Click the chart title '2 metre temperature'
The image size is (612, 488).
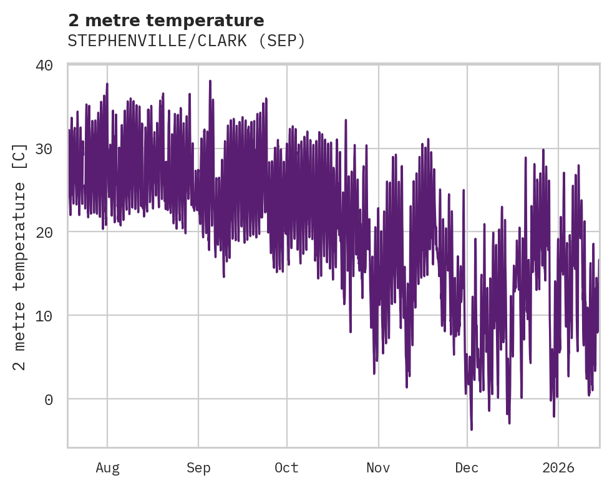(x=166, y=21)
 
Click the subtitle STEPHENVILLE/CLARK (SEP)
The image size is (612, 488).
(x=187, y=41)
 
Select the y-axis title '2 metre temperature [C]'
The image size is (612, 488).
(x=20, y=256)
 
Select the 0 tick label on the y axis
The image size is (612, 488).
(x=49, y=399)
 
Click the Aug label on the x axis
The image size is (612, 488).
(x=107, y=468)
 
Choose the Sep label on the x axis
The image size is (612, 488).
(x=198, y=468)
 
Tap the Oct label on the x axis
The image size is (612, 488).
(x=287, y=468)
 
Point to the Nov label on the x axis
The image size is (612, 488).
(x=378, y=468)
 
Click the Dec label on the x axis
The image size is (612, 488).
(x=467, y=468)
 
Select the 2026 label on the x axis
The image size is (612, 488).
(x=558, y=468)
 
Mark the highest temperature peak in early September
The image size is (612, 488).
(x=210, y=81)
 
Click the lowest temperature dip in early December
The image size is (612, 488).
(x=472, y=429)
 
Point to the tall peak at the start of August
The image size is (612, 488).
(x=107, y=84)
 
